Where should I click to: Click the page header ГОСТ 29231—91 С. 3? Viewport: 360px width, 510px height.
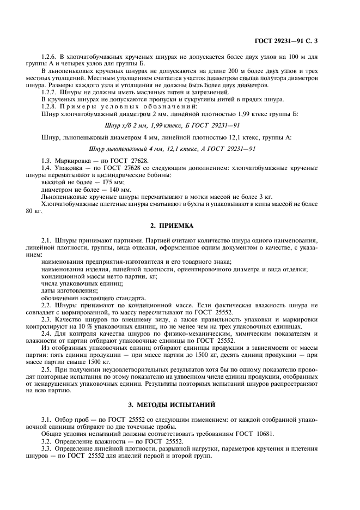(x=294, y=41)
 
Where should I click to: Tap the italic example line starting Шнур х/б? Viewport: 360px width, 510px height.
(x=179, y=125)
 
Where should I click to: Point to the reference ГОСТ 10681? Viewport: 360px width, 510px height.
(x=245, y=434)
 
